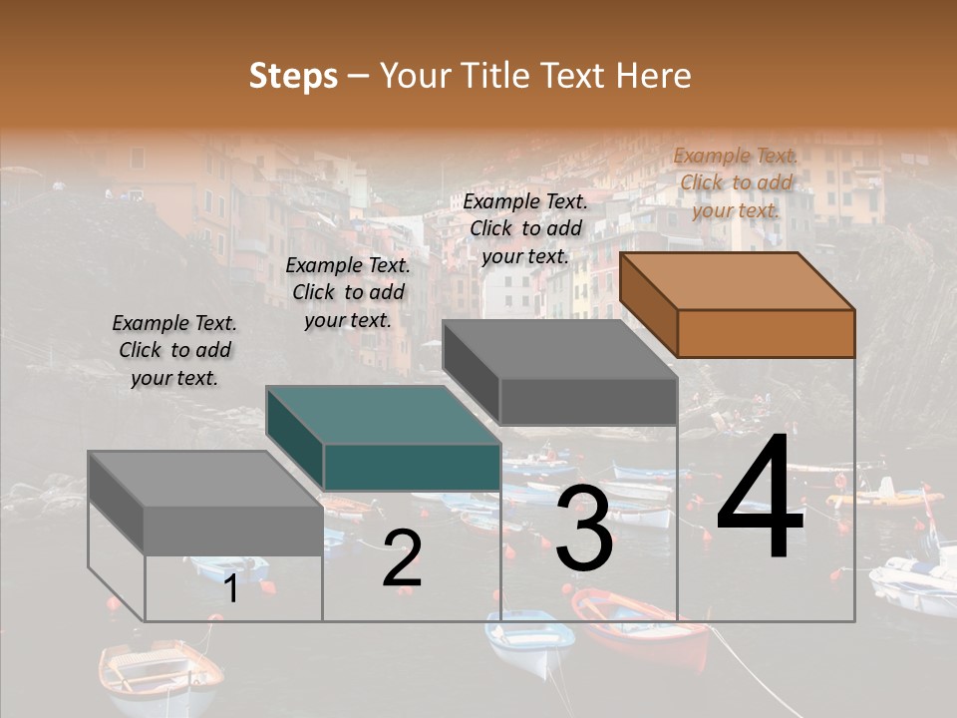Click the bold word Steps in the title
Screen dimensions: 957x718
[x=293, y=76]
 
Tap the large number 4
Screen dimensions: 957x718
[x=760, y=499]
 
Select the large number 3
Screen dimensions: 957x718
[x=584, y=530]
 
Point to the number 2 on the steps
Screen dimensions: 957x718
[x=402, y=559]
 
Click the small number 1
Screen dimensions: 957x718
[x=231, y=589]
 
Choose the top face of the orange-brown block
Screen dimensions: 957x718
[x=738, y=280]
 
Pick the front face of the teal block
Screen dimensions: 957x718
[x=412, y=467]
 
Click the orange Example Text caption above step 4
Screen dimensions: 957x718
[x=736, y=182]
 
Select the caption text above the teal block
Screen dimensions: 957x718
[x=348, y=292]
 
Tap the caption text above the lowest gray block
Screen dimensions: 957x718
[x=174, y=350]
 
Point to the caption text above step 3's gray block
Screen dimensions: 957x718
[x=525, y=228]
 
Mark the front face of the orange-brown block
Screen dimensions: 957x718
[x=766, y=333]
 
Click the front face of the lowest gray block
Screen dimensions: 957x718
[x=233, y=530]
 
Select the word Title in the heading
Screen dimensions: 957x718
[x=499, y=76]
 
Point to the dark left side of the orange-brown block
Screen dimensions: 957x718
[x=649, y=304]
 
